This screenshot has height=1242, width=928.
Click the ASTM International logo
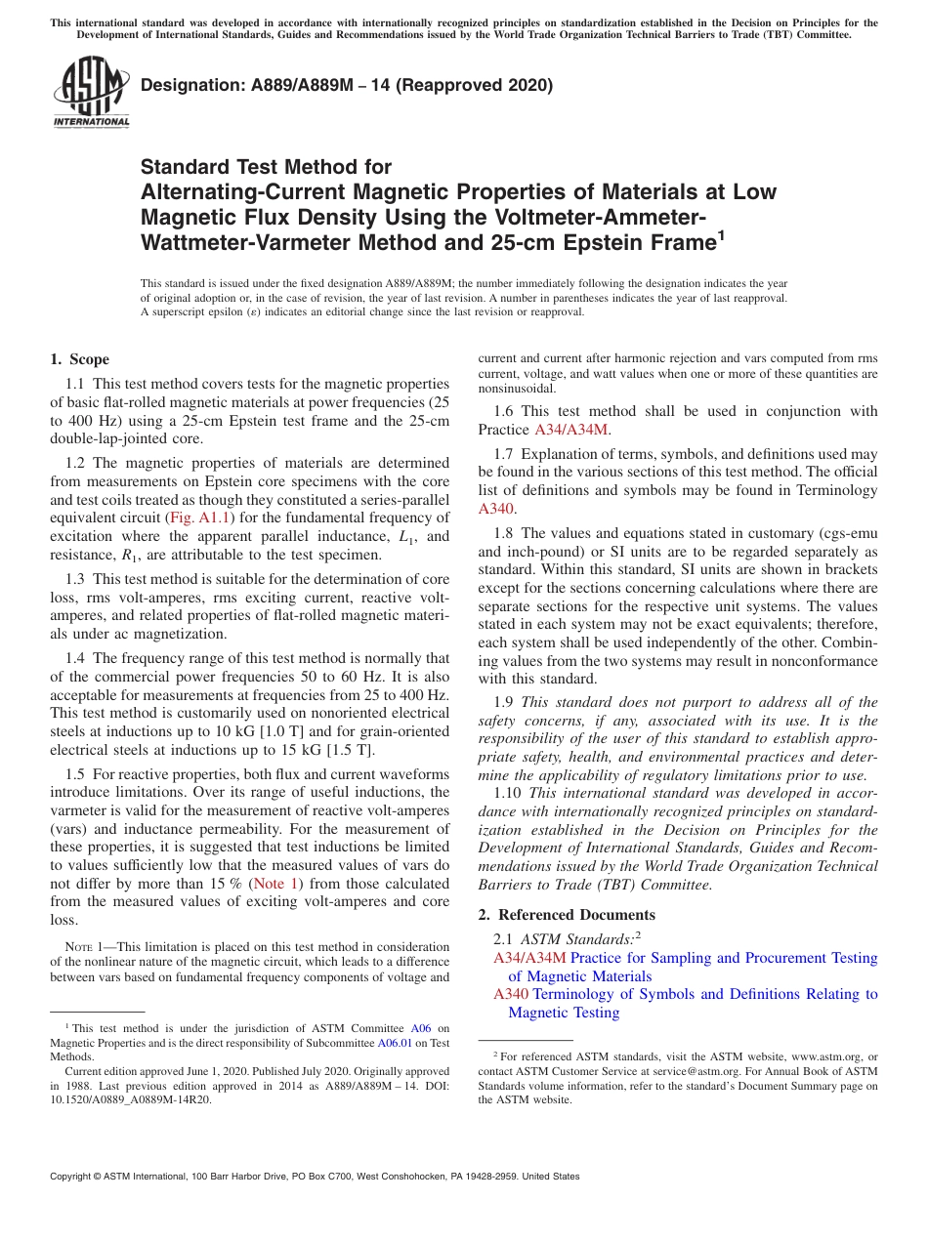pos(91,93)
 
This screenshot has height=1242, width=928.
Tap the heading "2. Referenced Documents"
pos(567,915)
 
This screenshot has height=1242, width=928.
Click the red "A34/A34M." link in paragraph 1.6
pos(571,430)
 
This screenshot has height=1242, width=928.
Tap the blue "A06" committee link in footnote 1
pos(421,1028)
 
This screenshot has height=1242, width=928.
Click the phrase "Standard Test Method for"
pos(266,167)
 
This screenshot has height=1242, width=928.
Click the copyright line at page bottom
pos(315,1177)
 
